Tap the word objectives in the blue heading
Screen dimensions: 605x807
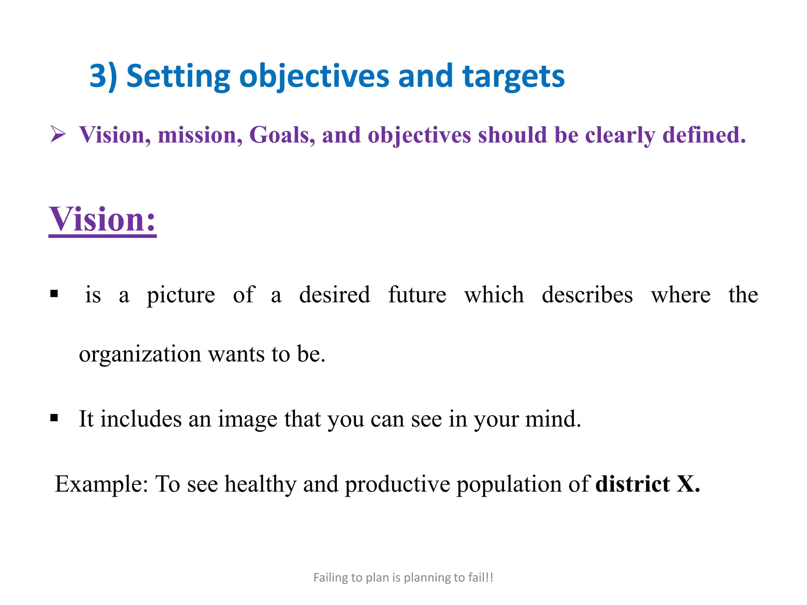click(314, 76)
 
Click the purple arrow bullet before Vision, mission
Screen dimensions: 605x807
click(58, 134)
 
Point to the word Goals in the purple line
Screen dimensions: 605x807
click(282, 135)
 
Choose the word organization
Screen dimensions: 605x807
click(140, 354)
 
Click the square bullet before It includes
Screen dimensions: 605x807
click(54, 418)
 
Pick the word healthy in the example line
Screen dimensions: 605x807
click(260, 484)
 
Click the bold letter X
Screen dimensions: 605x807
click(686, 484)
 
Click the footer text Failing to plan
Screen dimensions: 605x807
click(403, 577)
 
